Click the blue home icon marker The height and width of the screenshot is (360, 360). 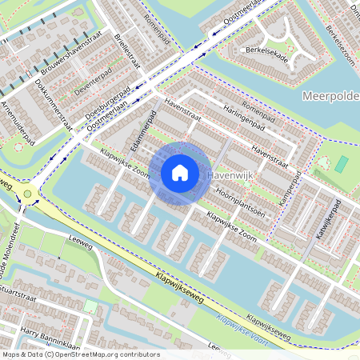[x=180, y=172]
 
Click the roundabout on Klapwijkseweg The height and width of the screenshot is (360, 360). [x=28, y=194]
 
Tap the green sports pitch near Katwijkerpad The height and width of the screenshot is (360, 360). [x=342, y=164]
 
